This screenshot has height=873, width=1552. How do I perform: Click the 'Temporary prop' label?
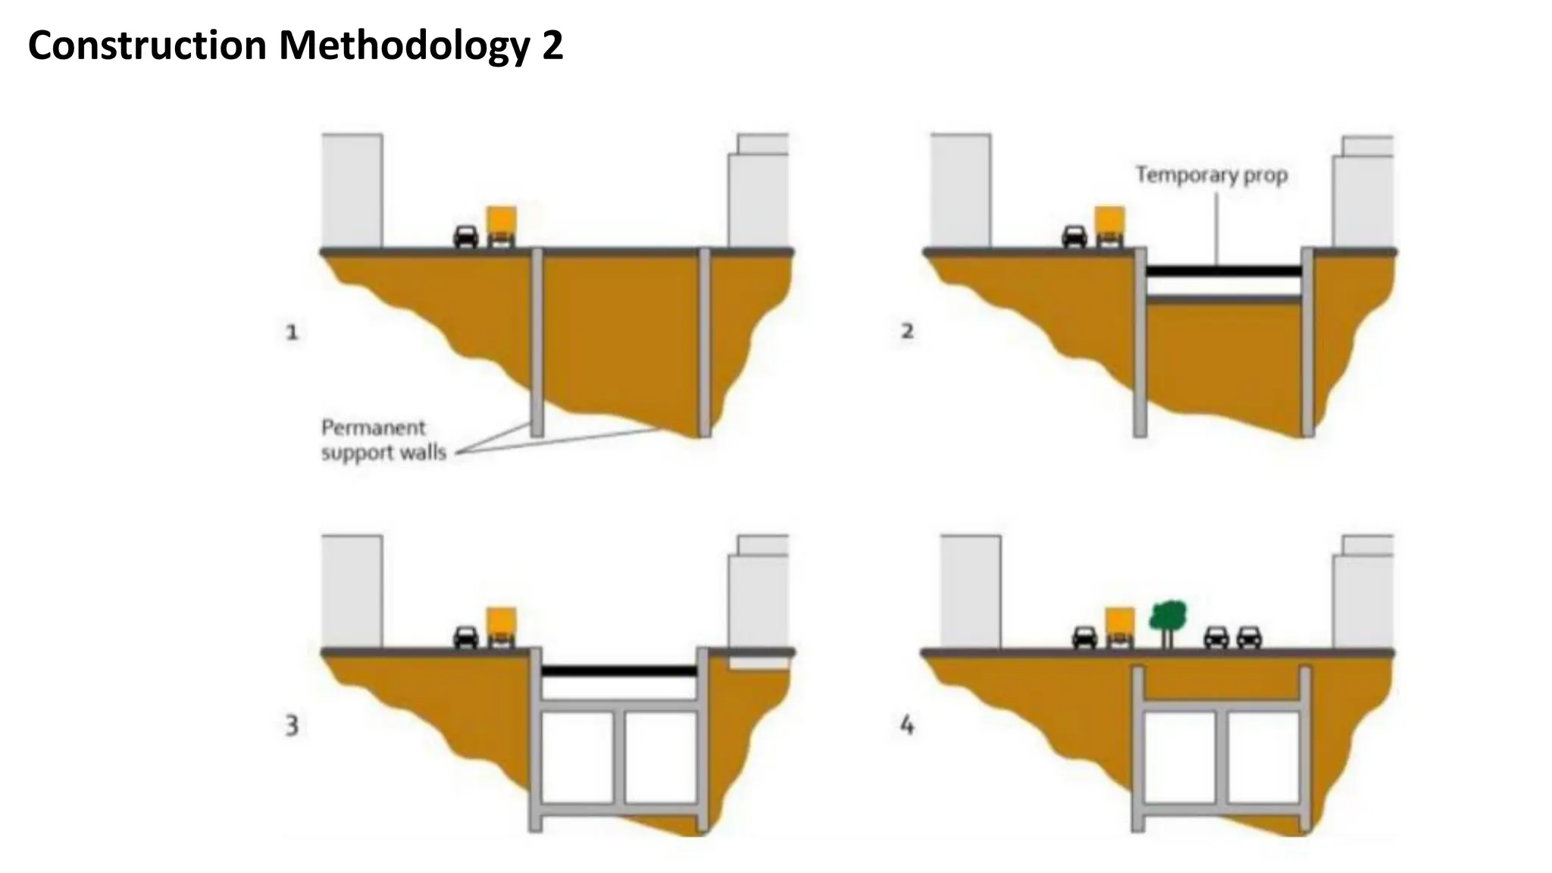click(1211, 175)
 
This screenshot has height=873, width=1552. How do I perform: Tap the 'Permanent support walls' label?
click(383, 440)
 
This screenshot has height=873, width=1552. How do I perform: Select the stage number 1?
click(292, 332)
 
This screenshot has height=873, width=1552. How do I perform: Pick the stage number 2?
click(907, 331)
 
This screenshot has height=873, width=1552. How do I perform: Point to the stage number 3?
click(292, 726)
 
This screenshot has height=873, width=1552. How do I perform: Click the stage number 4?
click(907, 726)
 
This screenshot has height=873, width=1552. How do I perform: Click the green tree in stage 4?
click(1168, 618)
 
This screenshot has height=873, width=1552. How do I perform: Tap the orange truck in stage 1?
click(502, 226)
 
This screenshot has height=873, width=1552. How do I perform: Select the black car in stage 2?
click(1075, 236)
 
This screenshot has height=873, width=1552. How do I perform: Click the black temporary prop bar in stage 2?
click(1223, 271)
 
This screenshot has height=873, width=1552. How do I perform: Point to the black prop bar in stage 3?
click(619, 671)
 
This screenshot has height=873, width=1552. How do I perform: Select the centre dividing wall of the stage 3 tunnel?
click(618, 756)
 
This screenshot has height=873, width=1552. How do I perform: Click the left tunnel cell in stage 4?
click(1179, 756)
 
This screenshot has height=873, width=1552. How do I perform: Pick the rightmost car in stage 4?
click(1249, 637)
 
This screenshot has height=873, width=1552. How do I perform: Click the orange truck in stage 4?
click(1120, 627)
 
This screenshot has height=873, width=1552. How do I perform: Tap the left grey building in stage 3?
click(352, 591)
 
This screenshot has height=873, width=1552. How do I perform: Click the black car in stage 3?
click(466, 637)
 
